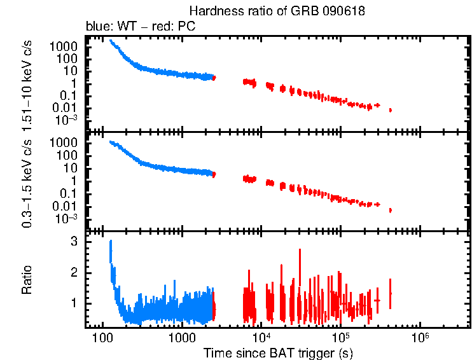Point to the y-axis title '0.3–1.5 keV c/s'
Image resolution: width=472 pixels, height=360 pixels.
coord(28,182)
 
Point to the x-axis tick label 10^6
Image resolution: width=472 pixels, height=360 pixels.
coord(420,335)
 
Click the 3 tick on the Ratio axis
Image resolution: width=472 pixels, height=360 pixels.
coord(74,242)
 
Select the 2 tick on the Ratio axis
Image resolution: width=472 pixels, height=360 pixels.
coord(74,272)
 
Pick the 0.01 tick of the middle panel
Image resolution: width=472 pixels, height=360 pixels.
coord(66,206)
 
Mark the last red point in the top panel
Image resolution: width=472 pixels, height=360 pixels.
coord(390,110)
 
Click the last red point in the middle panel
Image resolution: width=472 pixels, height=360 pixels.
coord(390,210)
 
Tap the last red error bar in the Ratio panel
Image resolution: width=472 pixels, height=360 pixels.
coord(390,293)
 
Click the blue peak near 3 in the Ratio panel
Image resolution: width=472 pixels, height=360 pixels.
coord(111,242)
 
